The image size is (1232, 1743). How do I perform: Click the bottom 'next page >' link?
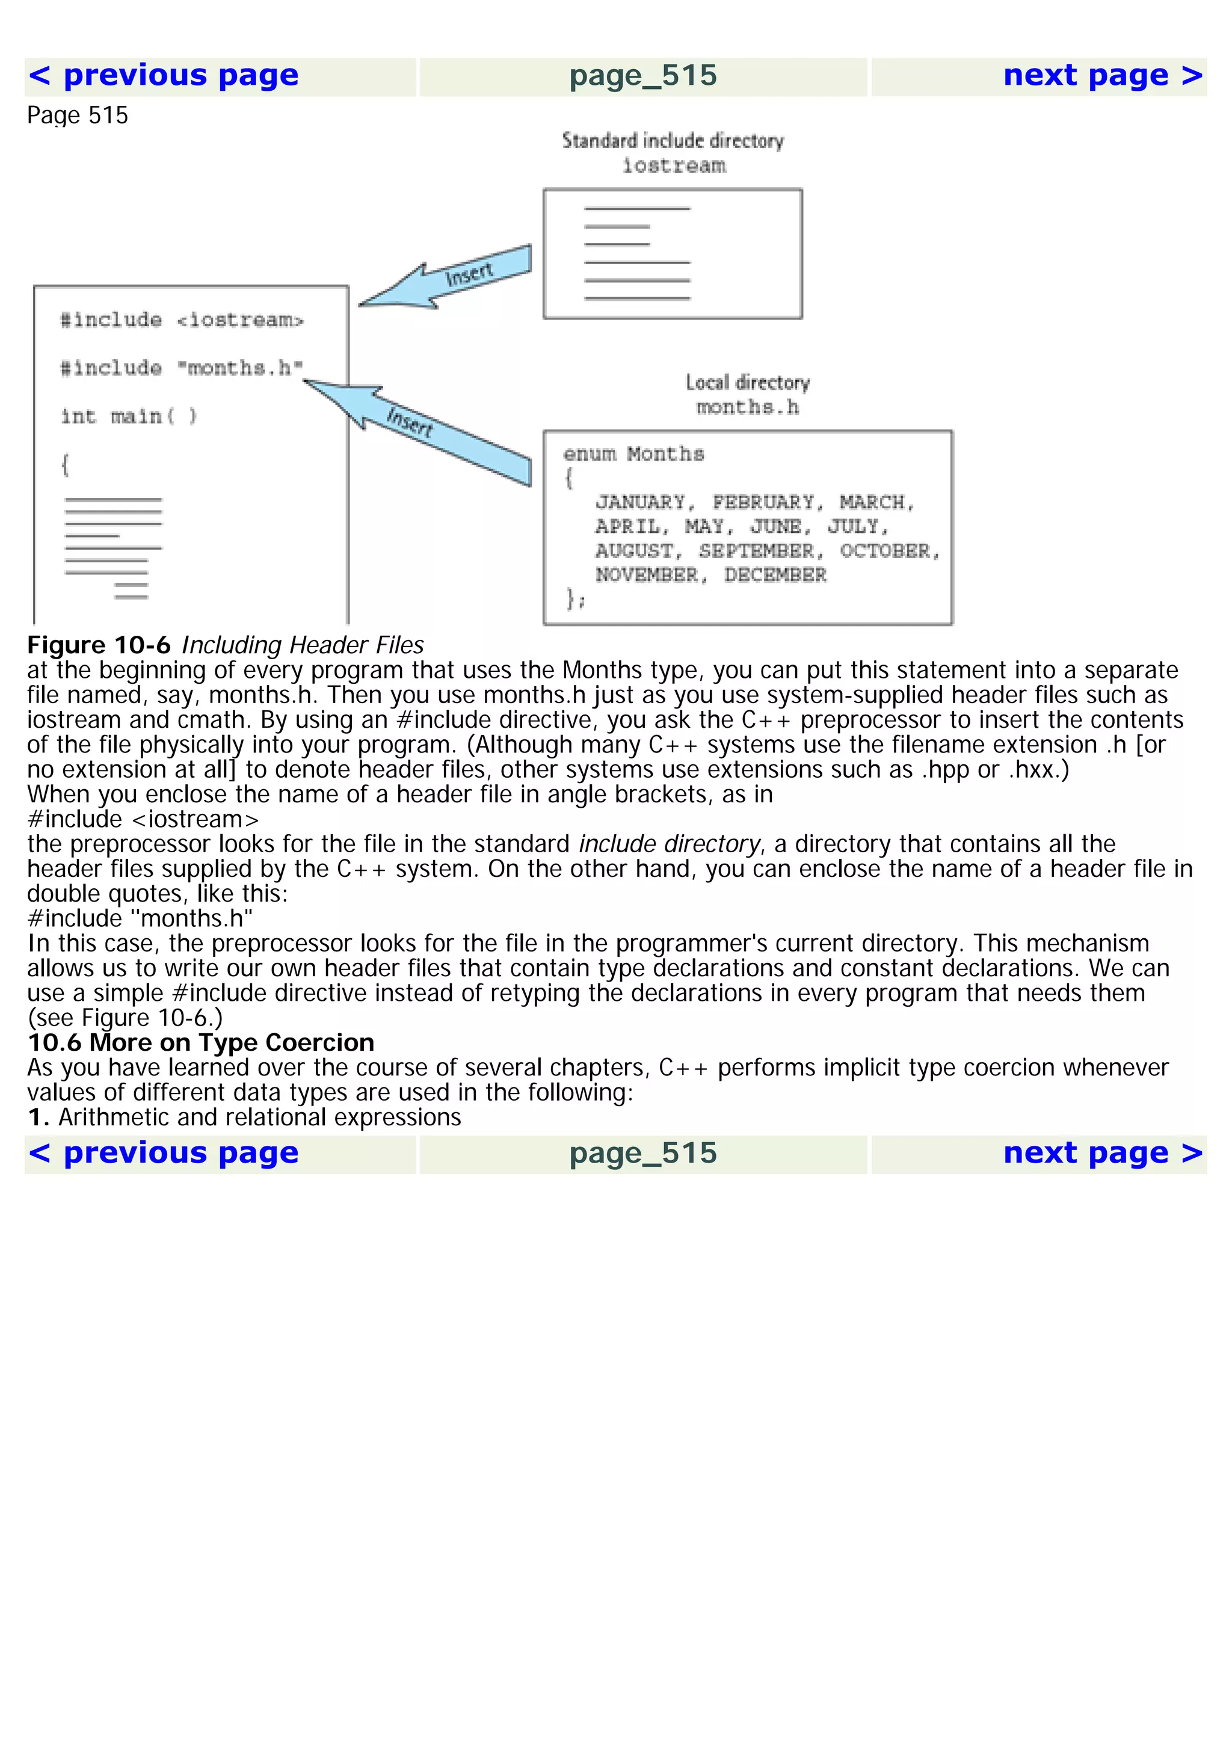[1102, 1153]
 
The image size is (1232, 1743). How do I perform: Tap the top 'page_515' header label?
[643, 76]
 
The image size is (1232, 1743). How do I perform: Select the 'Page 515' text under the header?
[78, 115]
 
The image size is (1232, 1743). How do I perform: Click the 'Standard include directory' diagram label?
[673, 141]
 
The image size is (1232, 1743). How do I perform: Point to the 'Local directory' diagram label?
[748, 383]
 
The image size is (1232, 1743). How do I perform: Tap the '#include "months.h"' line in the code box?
[182, 368]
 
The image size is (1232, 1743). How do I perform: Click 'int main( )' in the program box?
[129, 416]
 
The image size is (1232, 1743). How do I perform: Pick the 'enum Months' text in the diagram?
[634, 454]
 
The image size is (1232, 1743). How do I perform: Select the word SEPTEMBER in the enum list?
[756, 551]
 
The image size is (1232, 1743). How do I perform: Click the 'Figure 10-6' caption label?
[99, 645]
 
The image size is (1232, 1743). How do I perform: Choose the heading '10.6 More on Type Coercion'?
[201, 1042]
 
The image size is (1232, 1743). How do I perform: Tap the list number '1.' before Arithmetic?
[38, 1117]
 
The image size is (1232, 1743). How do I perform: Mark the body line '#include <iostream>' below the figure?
[143, 819]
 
